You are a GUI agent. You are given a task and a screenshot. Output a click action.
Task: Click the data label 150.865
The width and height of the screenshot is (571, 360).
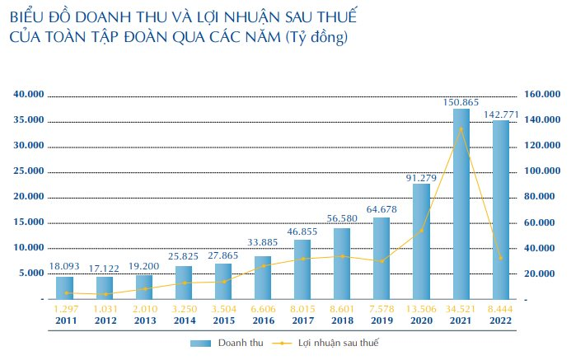461,101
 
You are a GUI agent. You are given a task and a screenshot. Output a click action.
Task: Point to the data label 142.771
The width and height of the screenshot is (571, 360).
501,113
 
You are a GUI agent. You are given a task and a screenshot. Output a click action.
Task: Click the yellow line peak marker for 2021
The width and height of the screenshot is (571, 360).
461,129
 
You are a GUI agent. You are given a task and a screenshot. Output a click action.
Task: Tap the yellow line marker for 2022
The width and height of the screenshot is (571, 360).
500,258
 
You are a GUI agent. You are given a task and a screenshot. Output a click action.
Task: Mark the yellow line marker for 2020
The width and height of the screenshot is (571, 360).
421,231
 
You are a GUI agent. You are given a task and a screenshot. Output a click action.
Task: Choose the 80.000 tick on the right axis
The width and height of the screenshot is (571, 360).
541,197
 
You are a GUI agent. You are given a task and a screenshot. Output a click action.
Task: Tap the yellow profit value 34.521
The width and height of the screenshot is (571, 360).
461,308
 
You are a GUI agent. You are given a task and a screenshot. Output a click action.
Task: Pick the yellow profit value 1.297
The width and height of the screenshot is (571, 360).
64,308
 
